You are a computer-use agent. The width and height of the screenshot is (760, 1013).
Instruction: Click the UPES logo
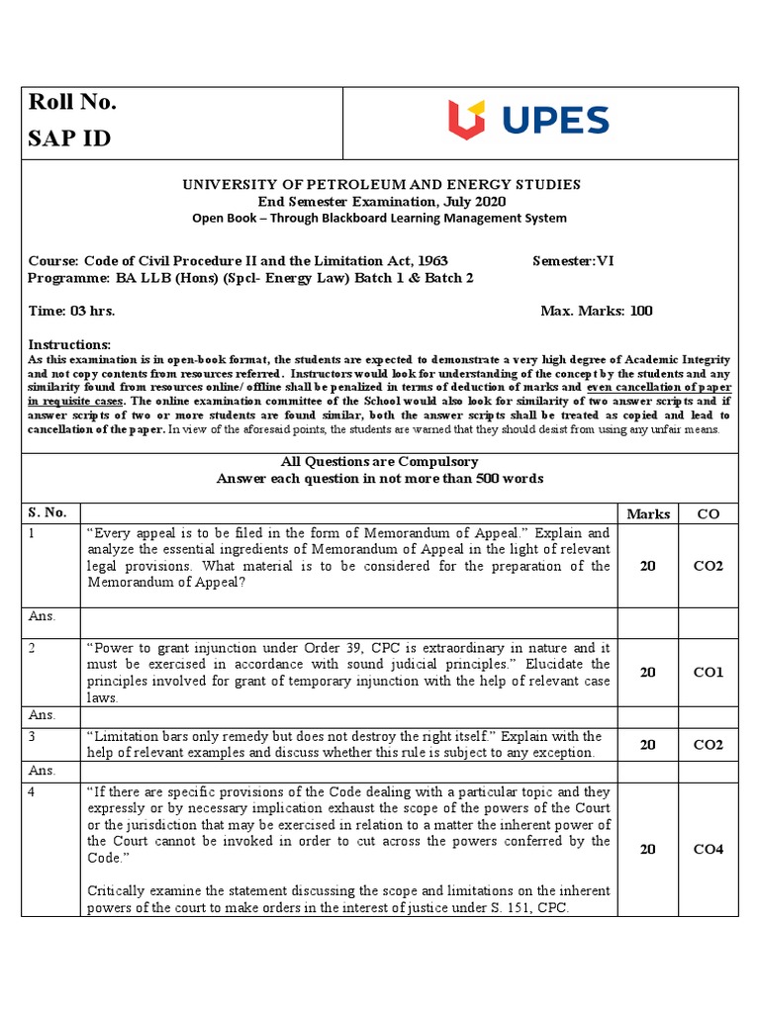coord(528,121)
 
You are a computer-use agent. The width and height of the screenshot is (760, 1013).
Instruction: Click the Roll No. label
coord(72,103)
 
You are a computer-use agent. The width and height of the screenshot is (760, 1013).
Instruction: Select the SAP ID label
coord(69,138)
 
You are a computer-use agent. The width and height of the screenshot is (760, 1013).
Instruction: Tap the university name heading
coord(380,185)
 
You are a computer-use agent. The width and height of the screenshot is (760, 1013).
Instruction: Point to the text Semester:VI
coord(573,261)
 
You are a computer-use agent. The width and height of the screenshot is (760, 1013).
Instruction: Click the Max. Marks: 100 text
coord(597,311)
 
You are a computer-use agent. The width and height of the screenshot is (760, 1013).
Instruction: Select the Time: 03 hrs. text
coord(71,311)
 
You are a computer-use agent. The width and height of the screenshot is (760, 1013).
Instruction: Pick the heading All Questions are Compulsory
coord(380,462)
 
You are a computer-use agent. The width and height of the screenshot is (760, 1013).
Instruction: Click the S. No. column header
coord(47,512)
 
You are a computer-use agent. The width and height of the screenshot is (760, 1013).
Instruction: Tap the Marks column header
coord(648,513)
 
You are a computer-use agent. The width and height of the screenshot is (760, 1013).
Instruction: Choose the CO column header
coord(708,513)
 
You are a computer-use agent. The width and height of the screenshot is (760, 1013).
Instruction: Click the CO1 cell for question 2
coord(709,672)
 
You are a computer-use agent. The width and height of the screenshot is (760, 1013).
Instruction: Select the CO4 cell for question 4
coord(709,849)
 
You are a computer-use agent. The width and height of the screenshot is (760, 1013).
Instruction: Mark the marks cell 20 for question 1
coord(648,566)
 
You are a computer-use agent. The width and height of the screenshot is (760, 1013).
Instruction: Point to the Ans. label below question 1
coord(42,615)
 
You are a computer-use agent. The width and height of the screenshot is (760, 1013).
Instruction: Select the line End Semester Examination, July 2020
coord(380,202)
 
